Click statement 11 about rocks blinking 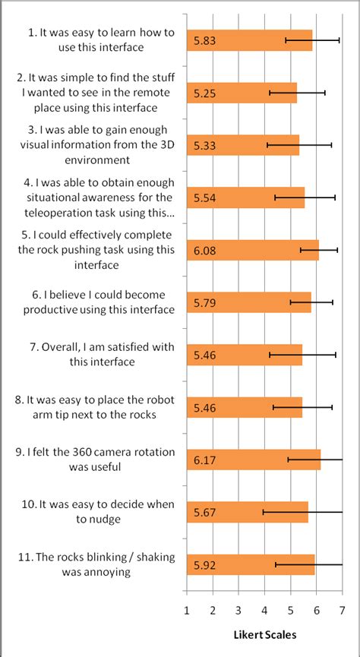(x=96, y=564)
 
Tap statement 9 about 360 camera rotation (x=95, y=460)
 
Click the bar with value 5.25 (x=242, y=93)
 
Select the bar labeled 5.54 (x=245, y=197)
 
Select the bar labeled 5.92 (x=251, y=564)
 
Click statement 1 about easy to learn (x=95, y=40)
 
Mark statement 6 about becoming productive (x=96, y=302)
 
